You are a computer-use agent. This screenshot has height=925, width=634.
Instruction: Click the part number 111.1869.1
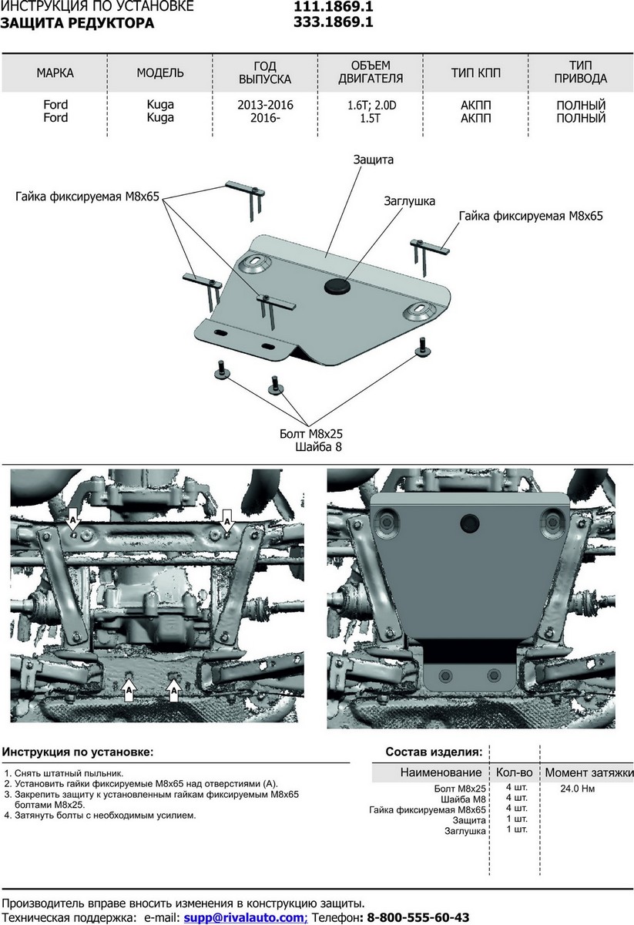coord(334,7)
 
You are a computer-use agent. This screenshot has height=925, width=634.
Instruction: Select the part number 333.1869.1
coord(334,22)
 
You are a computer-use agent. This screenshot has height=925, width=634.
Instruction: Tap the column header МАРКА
coord(55,73)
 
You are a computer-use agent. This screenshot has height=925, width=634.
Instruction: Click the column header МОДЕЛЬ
coord(160,73)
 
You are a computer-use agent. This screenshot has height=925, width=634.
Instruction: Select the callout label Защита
coord(374,160)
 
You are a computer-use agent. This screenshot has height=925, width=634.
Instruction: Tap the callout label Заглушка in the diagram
coord(409,200)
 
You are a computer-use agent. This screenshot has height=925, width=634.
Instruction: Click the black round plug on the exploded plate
coord(337,287)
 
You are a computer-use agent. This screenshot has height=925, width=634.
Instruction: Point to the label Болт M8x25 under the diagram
coord(310,433)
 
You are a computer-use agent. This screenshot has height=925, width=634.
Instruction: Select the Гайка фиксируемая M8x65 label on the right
coord(531,217)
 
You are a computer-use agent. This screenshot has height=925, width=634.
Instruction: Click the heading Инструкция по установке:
coord(77,751)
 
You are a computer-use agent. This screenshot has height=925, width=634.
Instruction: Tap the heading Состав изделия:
coord(434,752)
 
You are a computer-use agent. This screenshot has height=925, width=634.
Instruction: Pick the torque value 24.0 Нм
coord(578,789)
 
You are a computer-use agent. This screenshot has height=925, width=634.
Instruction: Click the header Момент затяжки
coord(589,772)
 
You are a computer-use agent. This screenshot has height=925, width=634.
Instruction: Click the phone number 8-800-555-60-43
coord(418,917)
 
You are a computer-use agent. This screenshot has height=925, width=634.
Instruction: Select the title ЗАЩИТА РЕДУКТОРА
coord(77,23)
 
